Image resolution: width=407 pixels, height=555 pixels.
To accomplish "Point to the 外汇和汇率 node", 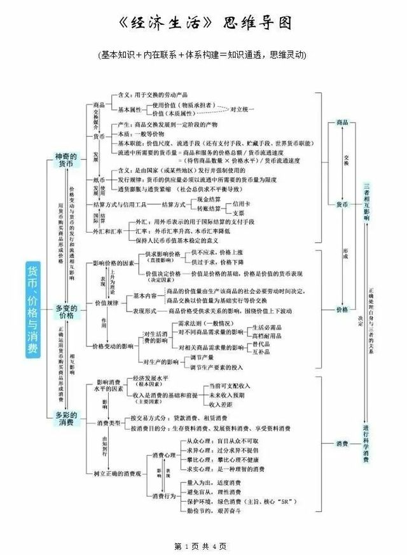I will point(107,231).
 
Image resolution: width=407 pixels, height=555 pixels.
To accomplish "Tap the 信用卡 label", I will point(242,204).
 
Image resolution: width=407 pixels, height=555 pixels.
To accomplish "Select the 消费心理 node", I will point(164,455).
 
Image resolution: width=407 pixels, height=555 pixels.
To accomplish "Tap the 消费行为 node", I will point(164,495).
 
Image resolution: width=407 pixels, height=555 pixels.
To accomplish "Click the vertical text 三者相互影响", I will point(366,202).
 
